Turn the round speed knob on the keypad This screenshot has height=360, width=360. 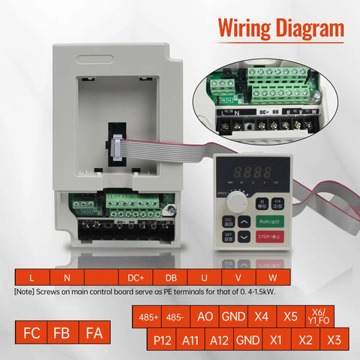pyautogui.click(x=239, y=200)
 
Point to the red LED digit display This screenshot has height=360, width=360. pyautogui.click(x=254, y=172)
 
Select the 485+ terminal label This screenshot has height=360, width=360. pyautogui.click(x=148, y=316)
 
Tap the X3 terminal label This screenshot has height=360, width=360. pyautogui.click(x=334, y=340)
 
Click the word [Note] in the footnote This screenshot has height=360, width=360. pyautogui.click(x=25, y=291)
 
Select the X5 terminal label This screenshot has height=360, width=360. pyautogui.click(x=291, y=316)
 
